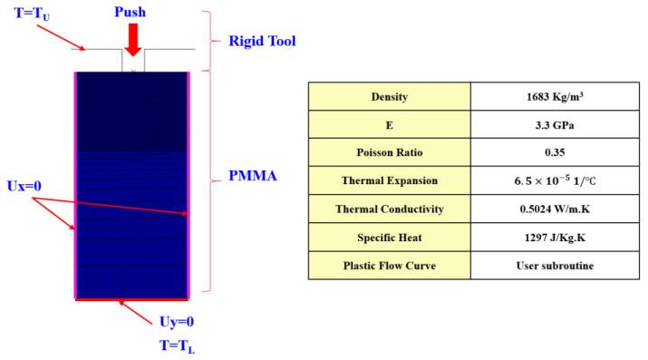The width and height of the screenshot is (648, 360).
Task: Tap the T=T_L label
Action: click(x=177, y=345)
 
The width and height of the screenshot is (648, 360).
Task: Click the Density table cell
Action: click(x=389, y=96)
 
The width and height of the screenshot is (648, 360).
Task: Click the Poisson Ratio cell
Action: click(x=389, y=152)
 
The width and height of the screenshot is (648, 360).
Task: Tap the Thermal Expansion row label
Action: click(x=389, y=180)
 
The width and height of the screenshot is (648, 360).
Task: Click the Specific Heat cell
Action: click(x=389, y=237)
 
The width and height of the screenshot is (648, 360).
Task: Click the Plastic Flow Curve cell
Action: click(x=389, y=265)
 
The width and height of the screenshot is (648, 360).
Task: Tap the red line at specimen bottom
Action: click(x=132, y=297)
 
